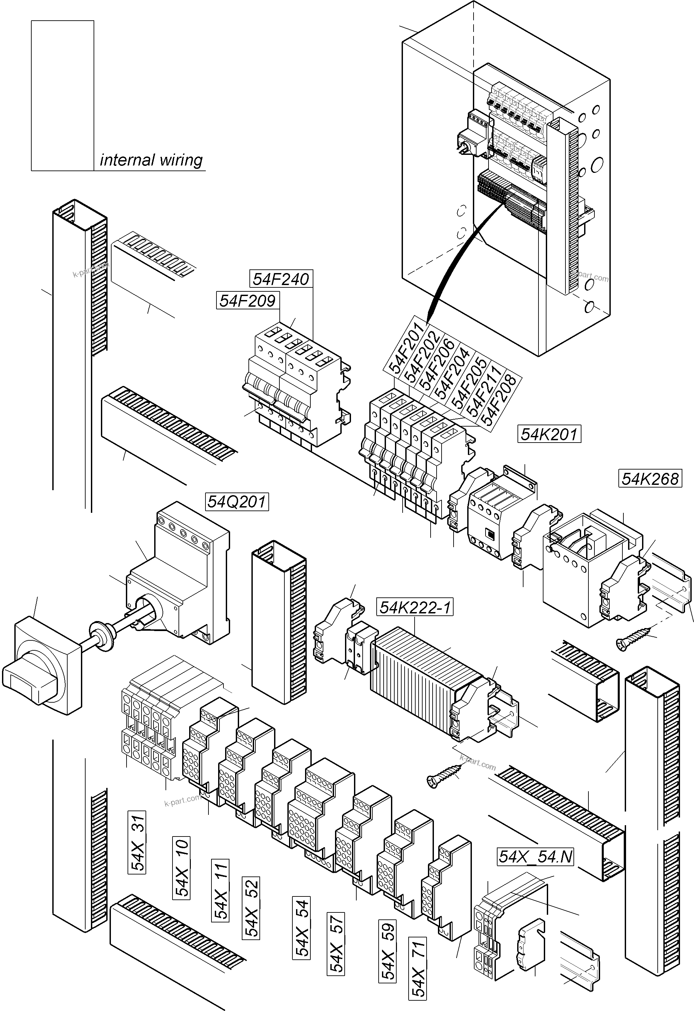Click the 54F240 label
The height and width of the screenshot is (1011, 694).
[x=281, y=279]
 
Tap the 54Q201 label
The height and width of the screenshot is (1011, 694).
[x=237, y=502]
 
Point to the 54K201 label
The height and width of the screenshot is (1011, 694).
[x=549, y=434]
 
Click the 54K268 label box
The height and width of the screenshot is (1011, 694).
[x=650, y=479]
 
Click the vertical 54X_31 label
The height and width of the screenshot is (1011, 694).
[x=137, y=842]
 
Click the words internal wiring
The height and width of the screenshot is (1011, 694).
[x=151, y=160]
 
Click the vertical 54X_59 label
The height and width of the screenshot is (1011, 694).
[x=388, y=951]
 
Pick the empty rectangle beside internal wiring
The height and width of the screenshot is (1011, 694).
[x=63, y=95]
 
